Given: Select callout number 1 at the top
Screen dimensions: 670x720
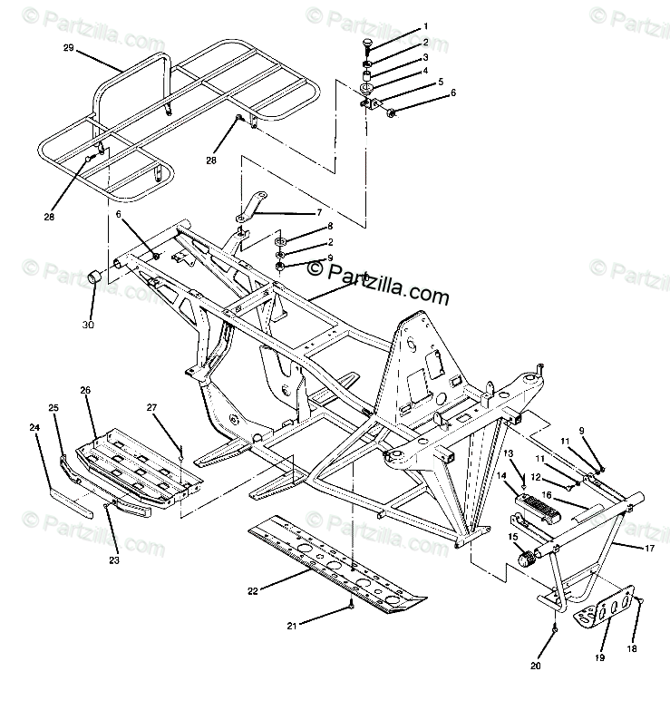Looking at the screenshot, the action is pos(426,26).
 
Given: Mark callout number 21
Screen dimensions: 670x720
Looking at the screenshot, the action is pos(292,627).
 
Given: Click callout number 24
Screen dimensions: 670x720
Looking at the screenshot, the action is pos(35,426).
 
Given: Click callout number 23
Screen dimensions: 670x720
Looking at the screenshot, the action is pos(113,560).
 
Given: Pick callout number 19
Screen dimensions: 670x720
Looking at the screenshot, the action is pos(598,658).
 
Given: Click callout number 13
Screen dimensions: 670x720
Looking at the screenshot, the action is pos(509,452).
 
